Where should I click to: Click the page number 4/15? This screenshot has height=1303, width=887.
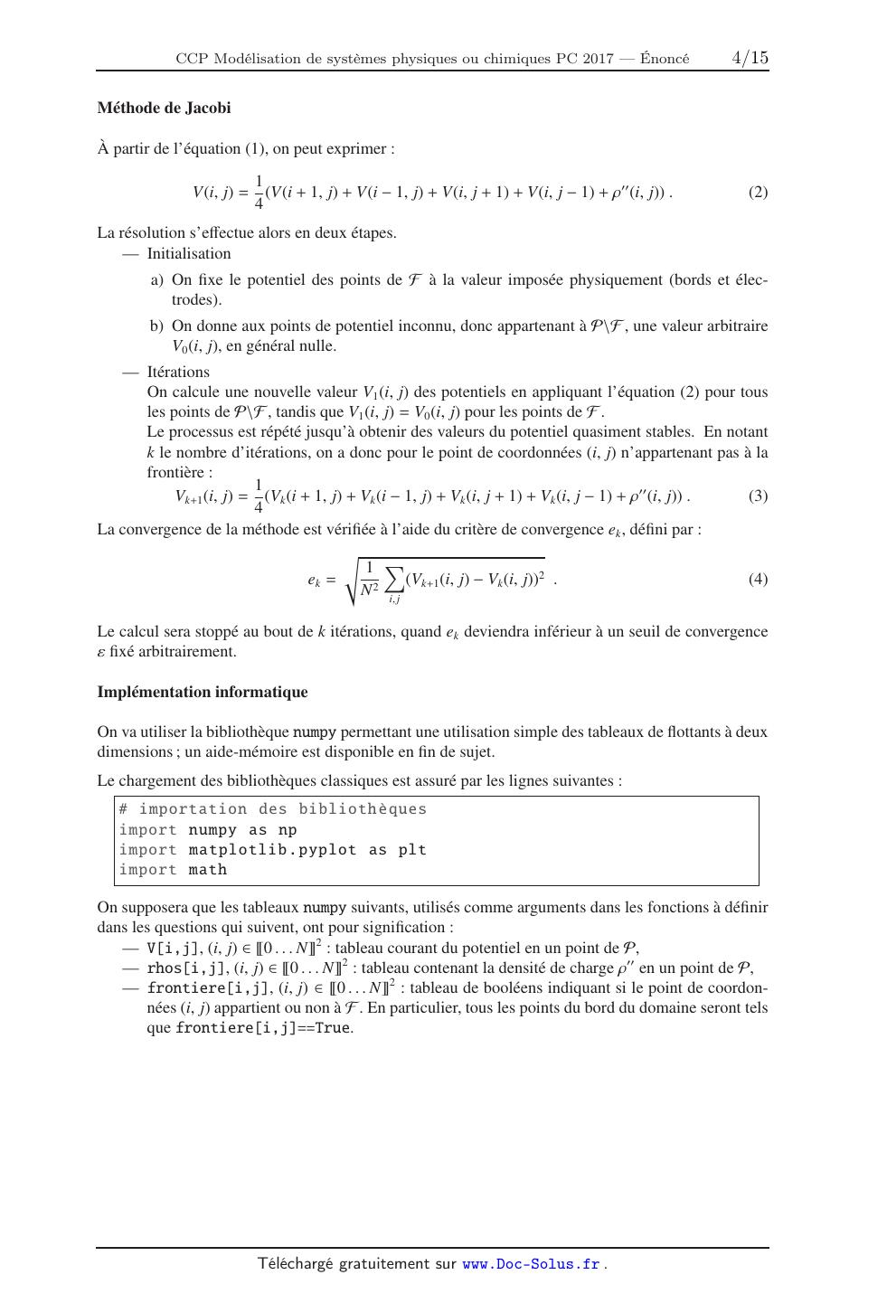750,58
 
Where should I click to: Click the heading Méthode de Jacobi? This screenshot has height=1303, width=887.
164,109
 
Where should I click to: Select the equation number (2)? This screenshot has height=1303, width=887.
758,192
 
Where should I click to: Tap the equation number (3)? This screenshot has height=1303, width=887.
758,496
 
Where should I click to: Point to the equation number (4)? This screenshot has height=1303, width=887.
758,579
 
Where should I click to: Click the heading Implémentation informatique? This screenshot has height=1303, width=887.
203,693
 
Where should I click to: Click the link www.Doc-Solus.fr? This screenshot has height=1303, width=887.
531,1264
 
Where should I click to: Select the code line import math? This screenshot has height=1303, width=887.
173,870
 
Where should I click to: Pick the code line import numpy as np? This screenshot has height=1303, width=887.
208,830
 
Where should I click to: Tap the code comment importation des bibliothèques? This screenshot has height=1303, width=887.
273,809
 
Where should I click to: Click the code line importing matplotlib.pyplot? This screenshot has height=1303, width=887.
272,850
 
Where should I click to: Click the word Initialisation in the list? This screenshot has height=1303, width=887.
189,254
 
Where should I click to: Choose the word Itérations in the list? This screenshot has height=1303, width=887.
178,373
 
